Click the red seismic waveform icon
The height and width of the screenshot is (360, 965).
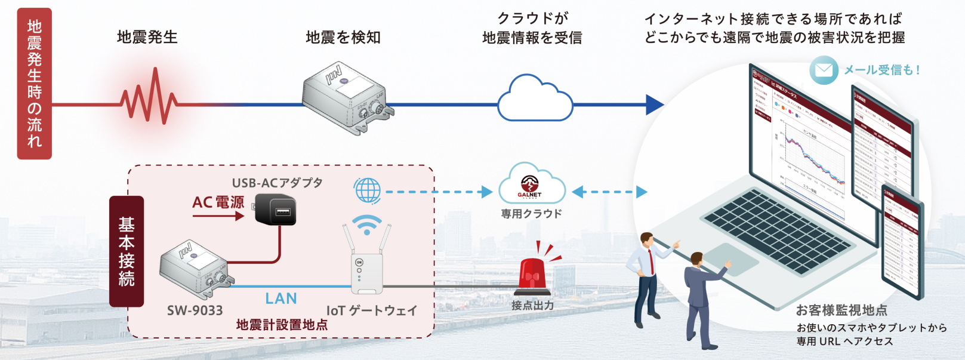coord(149,98)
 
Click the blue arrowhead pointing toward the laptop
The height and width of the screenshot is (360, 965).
coord(655,104)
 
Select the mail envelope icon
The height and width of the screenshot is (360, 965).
coord(824,70)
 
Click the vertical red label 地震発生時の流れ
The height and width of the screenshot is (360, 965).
coord(34,84)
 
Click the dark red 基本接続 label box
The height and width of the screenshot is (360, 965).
coord(127,251)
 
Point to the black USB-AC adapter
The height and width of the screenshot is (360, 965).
coord(275,209)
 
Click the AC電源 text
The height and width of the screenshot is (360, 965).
coord(218,202)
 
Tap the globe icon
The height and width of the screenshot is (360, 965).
coord(367,191)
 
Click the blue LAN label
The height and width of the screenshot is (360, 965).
coord(280,299)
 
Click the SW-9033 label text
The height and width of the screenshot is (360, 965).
coord(195,310)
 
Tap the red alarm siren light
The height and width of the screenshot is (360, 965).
coord(532,275)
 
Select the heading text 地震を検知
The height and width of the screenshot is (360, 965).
coord(343,38)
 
